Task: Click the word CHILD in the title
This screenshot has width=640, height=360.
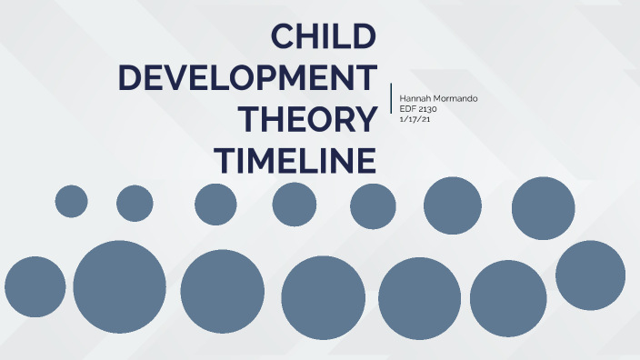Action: pos(325,37)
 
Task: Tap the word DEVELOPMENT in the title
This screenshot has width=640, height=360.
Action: pos(247,78)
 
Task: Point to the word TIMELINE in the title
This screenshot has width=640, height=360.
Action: pos(295,160)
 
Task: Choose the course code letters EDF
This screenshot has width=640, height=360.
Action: pos(408,108)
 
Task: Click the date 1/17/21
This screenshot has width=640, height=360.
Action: pos(415,119)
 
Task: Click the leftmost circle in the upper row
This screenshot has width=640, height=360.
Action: pos(71,201)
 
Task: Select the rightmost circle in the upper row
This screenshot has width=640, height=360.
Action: pos(544,208)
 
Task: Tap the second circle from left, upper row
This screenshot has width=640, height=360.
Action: pos(135,203)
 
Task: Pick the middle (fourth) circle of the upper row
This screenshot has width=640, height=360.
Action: pos(295,204)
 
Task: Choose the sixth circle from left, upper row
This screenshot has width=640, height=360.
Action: pos(453,205)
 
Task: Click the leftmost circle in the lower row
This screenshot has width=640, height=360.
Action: pos(35,287)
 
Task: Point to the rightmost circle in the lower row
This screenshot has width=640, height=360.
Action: pos(591,275)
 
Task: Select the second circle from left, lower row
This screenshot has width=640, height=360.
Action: pos(120,287)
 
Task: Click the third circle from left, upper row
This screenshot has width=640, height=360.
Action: pos(215,204)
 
